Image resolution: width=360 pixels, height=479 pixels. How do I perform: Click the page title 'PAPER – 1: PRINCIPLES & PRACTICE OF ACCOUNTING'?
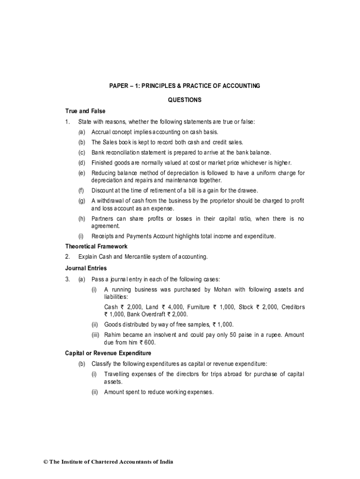(x=185, y=86)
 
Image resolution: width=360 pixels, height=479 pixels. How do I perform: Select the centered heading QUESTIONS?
(x=185, y=100)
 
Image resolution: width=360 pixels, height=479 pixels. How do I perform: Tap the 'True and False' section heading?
(x=85, y=111)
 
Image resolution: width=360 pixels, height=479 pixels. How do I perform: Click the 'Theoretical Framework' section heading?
(x=96, y=246)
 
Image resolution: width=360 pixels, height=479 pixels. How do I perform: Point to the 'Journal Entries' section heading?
(x=86, y=268)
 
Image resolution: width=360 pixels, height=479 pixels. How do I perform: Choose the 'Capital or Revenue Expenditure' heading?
(x=108, y=353)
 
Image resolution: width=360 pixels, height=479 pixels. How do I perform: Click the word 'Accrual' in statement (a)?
(x=101, y=132)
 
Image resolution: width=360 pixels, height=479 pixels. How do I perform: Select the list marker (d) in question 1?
(x=82, y=162)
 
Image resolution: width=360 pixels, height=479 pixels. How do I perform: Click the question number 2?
(x=67, y=257)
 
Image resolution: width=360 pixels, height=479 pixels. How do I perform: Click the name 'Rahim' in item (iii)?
(x=112, y=335)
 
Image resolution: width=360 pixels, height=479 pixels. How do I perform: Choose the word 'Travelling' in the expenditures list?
(x=117, y=374)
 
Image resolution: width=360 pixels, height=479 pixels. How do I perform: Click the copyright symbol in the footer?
(x=46, y=462)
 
